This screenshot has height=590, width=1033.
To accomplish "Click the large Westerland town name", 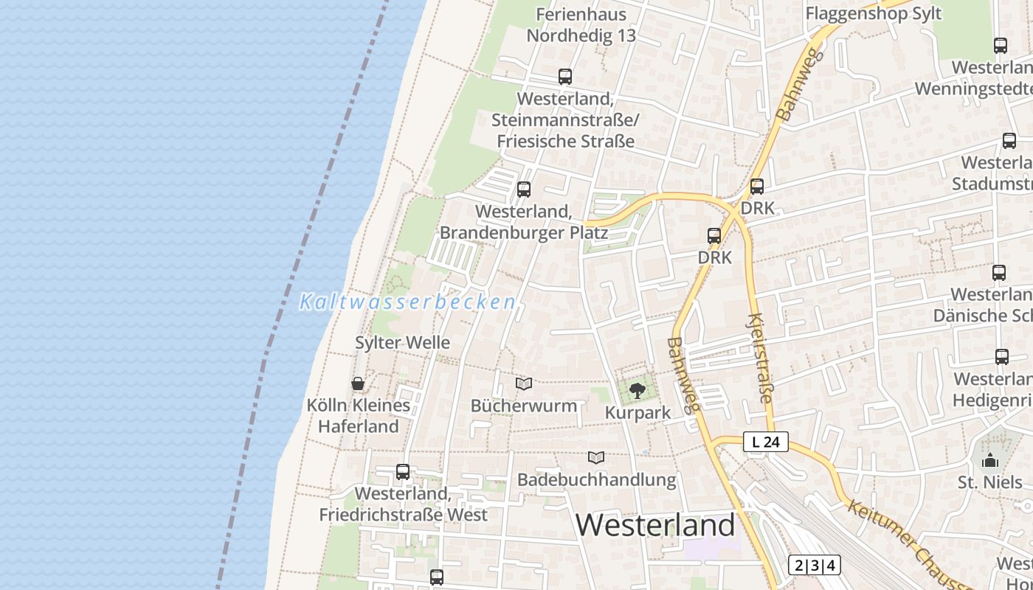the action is point(655,525).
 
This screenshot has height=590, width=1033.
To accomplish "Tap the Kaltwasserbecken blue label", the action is point(407,302).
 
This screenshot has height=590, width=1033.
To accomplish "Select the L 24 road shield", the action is point(765,442).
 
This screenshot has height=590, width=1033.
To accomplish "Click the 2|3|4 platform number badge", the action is point(815,566).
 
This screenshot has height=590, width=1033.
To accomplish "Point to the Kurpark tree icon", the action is point(638,391).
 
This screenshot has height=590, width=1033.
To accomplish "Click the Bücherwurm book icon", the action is point(524,383).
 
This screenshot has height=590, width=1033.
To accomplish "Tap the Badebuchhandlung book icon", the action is point(596,458).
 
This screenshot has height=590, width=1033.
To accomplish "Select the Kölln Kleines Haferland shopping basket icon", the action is point(358,383).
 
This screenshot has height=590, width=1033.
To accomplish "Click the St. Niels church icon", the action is point(989,461).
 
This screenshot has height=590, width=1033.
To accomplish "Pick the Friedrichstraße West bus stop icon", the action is point(403,472).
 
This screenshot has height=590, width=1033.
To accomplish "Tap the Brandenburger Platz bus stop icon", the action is point(524,190).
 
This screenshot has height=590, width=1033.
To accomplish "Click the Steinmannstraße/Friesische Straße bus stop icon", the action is point(565,77).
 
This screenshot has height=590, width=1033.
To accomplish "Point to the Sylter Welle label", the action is point(402,342).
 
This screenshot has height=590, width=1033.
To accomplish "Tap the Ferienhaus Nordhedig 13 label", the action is point(581,24).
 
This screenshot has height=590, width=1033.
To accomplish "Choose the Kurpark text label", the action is point(638,412).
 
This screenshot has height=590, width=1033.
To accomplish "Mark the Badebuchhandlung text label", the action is point(596,479).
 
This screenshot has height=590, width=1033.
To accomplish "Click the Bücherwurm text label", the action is point(524,406).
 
